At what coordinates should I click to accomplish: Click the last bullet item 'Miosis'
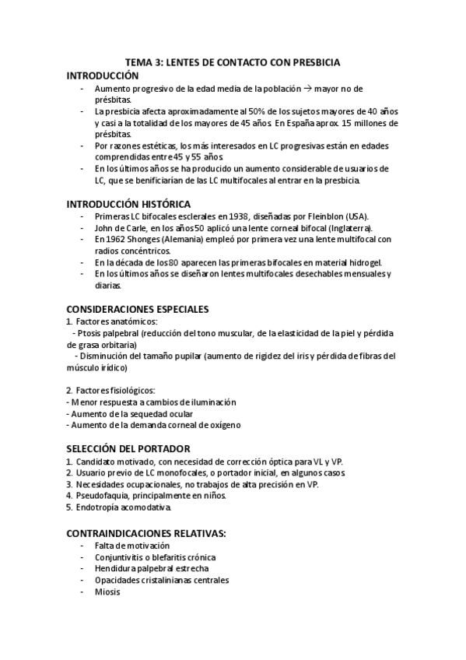click(x=107, y=592)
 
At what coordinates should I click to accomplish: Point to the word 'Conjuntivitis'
click(x=122, y=556)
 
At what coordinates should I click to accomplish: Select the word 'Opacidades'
click(x=119, y=580)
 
